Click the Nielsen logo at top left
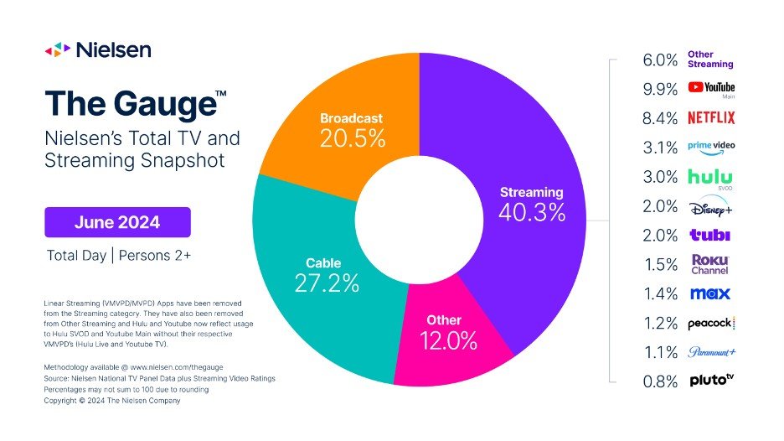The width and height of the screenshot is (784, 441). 98,49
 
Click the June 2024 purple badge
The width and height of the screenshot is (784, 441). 117,223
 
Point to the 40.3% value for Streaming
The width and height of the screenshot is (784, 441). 531,213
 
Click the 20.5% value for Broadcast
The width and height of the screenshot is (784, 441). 353,139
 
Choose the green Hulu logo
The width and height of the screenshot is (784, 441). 709,177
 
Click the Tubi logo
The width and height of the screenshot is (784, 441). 709,236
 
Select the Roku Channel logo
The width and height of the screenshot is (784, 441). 709,264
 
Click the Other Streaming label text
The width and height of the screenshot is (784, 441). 709,59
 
